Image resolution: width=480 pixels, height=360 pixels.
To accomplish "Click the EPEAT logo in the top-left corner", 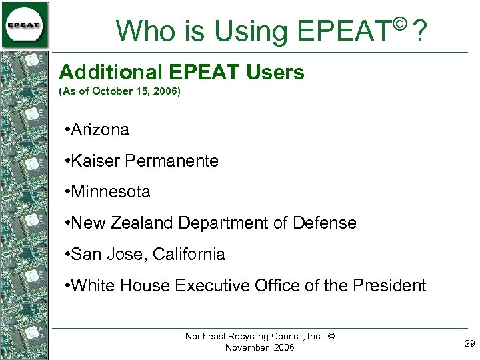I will (25, 25).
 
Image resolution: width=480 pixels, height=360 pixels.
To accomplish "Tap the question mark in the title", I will (419, 31).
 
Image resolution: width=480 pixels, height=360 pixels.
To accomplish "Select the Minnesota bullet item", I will (110, 192).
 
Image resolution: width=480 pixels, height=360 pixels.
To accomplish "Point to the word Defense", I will (327, 223).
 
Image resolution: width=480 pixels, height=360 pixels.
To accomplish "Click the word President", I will (389, 285).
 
